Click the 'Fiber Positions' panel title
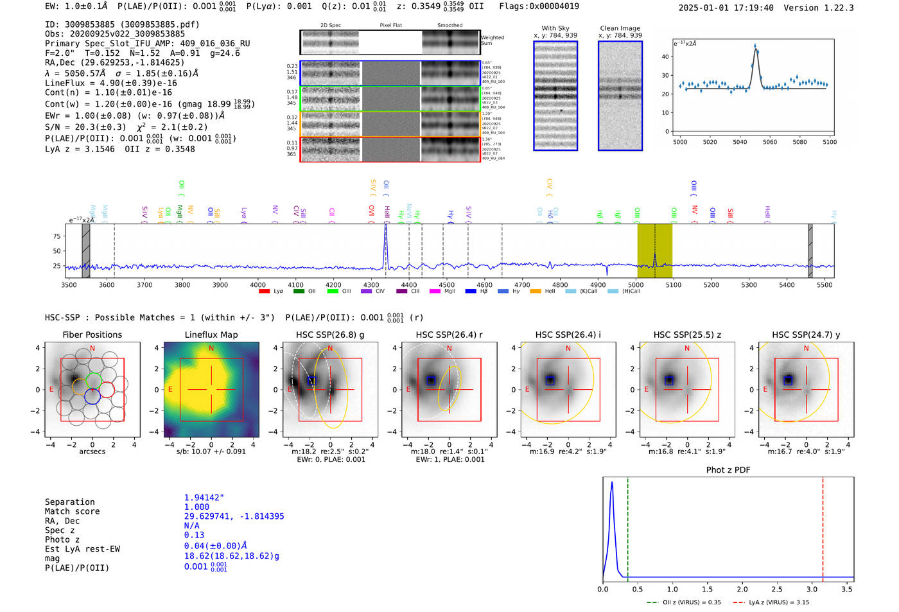click(92, 335)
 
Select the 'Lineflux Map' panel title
click(211, 335)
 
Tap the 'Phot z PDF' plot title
click(728, 470)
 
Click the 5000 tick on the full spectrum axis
click(636, 284)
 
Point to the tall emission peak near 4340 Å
click(386, 231)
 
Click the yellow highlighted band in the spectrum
click(654, 250)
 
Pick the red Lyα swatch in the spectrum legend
click(264, 292)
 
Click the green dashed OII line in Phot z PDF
click(627, 527)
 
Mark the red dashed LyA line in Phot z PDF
click(823, 527)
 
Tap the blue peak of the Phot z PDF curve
click(612, 483)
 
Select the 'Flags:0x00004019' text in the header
click(539, 6)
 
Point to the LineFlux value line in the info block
click(111, 83)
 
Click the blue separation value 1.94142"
click(204, 498)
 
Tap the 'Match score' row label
click(72, 511)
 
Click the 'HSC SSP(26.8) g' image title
click(329, 335)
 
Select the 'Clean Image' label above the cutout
click(620, 28)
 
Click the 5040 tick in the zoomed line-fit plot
click(740, 142)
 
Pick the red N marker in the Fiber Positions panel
click(92, 349)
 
